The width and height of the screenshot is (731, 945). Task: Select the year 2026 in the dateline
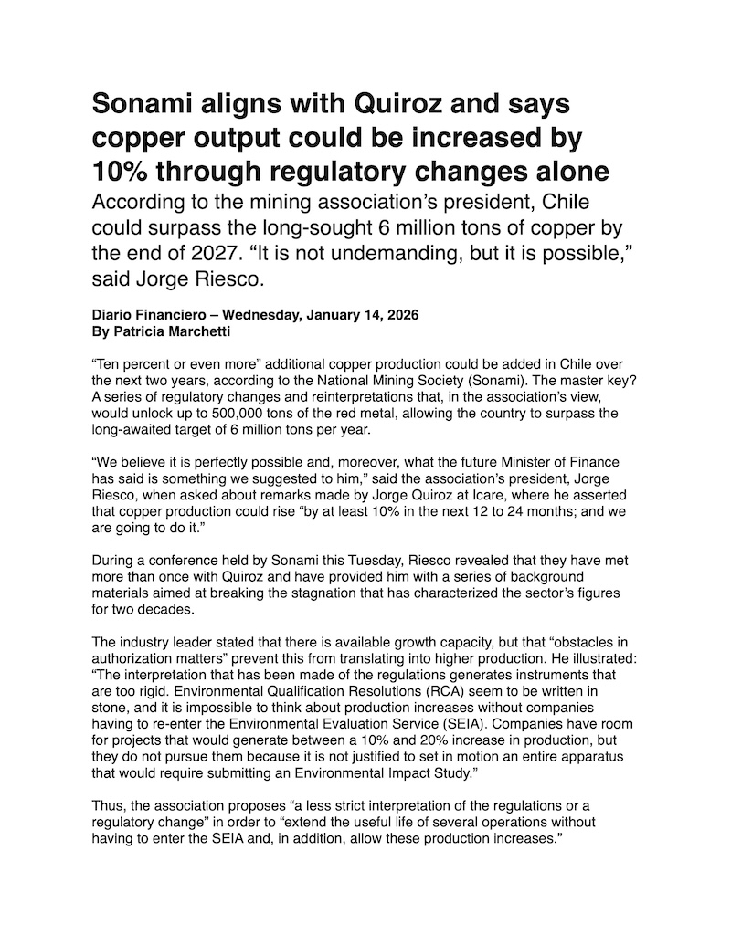click(x=398, y=314)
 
